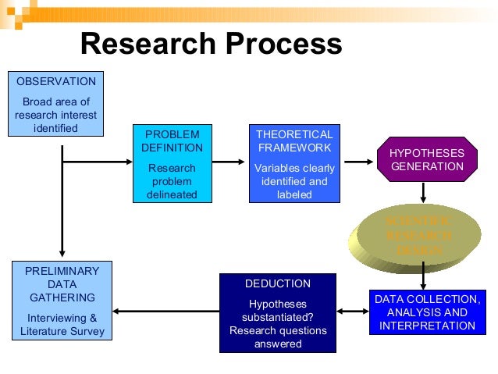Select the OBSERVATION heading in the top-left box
[x=56, y=81]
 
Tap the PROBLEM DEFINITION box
[x=172, y=164]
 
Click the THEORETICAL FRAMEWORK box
[x=293, y=164]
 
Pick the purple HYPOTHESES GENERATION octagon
[x=426, y=159]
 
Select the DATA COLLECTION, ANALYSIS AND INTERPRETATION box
[x=426, y=312]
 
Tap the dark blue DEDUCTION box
[x=278, y=313]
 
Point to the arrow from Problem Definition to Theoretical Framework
[x=228, y=162]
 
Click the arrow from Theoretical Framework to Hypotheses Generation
[x=359, y=162]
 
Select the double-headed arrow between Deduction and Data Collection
[x=352, y=312]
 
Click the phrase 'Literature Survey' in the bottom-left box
[x=62, y=331]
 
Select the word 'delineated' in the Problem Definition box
[x=172, y=194]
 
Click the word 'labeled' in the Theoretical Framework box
[x=293, y=194]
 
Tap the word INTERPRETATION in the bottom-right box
[x=426, y=326]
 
